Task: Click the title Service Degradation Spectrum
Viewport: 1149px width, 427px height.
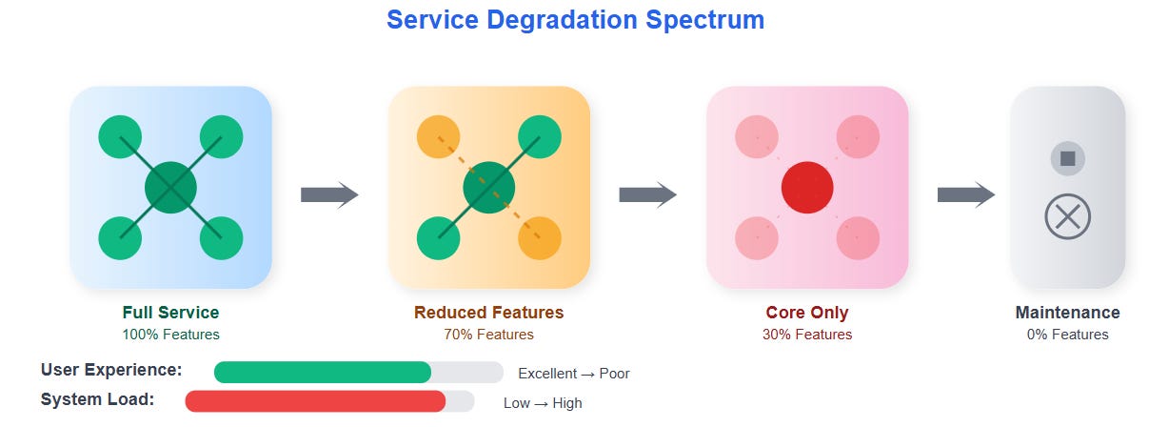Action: point(575,20)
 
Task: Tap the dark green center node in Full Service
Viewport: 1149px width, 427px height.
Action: point(170,188)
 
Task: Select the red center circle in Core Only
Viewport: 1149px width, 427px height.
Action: point(807,188)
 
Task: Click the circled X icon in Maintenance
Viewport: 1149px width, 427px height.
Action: point(1067,217)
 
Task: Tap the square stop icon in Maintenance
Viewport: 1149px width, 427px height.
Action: point(1067,158)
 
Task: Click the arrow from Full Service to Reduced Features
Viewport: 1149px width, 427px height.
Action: point(329,195)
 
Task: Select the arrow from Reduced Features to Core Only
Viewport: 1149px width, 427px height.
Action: point(647,195)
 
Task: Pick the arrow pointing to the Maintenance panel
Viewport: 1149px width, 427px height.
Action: point(965,195)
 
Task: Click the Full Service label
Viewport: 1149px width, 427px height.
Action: point(170,313)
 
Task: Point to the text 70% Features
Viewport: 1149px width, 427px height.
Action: point(488,335)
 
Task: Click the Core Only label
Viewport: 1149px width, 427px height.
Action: point(807,313)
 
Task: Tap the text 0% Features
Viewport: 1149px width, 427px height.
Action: point(1067,335)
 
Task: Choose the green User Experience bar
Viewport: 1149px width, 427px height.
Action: point(323,372)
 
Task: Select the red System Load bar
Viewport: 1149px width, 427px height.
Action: point(315,401)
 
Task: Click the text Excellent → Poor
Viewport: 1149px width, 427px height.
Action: point(573,374)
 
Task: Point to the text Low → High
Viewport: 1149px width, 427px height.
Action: point(543,403)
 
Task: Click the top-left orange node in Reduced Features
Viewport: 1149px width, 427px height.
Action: point(439,137)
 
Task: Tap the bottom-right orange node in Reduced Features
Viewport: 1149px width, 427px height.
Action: point(540,238)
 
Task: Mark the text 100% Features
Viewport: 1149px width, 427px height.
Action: point(170,335)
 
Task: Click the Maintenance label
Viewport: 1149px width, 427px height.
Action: point(1067,313)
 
